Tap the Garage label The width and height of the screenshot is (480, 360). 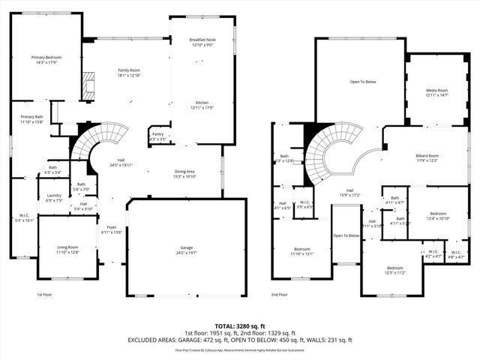[x=186, y=250]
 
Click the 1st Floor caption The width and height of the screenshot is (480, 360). [x=45, y=295]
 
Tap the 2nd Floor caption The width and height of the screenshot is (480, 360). [x=280, y=295]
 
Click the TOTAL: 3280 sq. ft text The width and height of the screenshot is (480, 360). [x=240, y=325]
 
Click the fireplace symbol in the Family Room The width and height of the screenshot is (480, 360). [x=89, y=82]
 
